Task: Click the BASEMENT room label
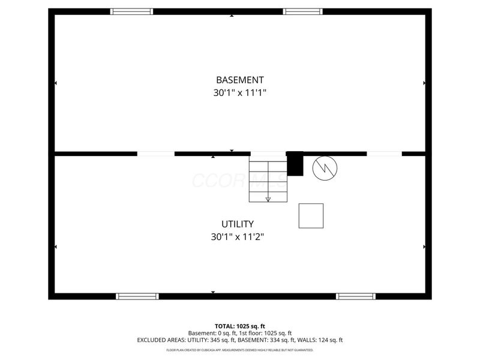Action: [x=239, y=80]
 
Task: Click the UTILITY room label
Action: [x=238, y=224]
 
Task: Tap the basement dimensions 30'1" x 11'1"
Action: [x=239, y=93]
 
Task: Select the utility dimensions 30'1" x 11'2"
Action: [x=237, y=237]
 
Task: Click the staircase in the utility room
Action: [x=268, y=179]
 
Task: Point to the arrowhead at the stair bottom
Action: [x=268, y=199]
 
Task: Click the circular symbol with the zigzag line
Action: [x=325, y=168]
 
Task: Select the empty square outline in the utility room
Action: [x=311, y=216]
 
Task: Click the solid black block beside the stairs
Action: [x=295, y=163]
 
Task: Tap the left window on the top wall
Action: [x=131, y=11]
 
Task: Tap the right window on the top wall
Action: [x=303, y=11]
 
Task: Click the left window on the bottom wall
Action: [x=137, y=296]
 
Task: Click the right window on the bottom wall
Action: [x=356, y=296]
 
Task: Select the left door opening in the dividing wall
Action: [x=156, y=154]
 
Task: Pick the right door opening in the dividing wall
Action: [x=384, y=154]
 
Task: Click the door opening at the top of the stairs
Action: [x=268, y=154]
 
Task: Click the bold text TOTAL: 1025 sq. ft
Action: [x=239, y=326]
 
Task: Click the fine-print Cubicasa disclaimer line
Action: [x=239, y=350]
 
